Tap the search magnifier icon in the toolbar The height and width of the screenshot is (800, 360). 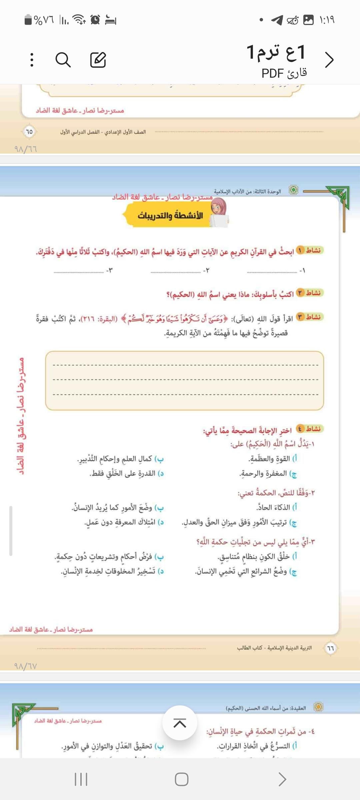pos(63,60)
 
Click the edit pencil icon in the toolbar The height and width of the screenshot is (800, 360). pos(98,60)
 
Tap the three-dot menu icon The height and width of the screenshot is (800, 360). pos(32,60)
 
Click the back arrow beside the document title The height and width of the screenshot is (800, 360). pos(329,60)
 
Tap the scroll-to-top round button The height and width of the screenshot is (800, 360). pos(180,723)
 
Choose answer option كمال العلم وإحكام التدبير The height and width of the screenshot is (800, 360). pos(120,459)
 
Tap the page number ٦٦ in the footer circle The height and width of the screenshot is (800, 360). pos(330,648)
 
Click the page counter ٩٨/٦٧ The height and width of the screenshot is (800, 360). pos(26,666)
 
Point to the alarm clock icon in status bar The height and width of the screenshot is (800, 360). pos(95,20)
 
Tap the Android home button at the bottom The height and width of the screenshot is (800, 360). pos(181,779)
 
